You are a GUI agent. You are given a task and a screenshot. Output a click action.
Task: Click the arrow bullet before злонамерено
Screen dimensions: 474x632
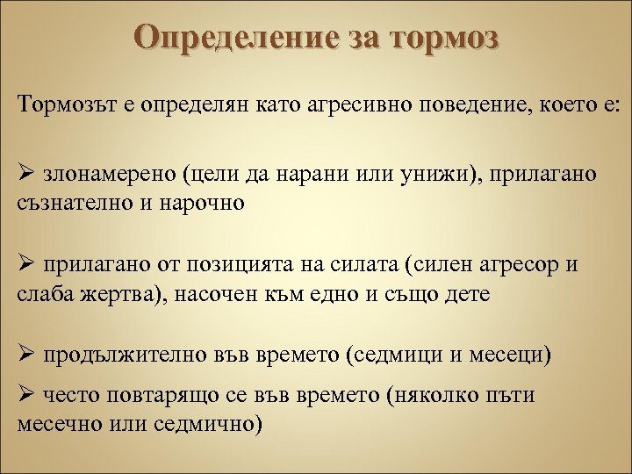pos(25,175)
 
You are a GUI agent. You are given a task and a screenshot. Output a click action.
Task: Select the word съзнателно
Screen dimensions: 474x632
pos(69,203)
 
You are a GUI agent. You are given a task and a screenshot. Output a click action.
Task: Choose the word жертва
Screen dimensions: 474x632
pos(108,293)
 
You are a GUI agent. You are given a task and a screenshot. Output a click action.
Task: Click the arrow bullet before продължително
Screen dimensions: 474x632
pos(25,355)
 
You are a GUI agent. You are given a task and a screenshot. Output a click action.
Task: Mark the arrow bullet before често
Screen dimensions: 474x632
pos(25,396)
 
